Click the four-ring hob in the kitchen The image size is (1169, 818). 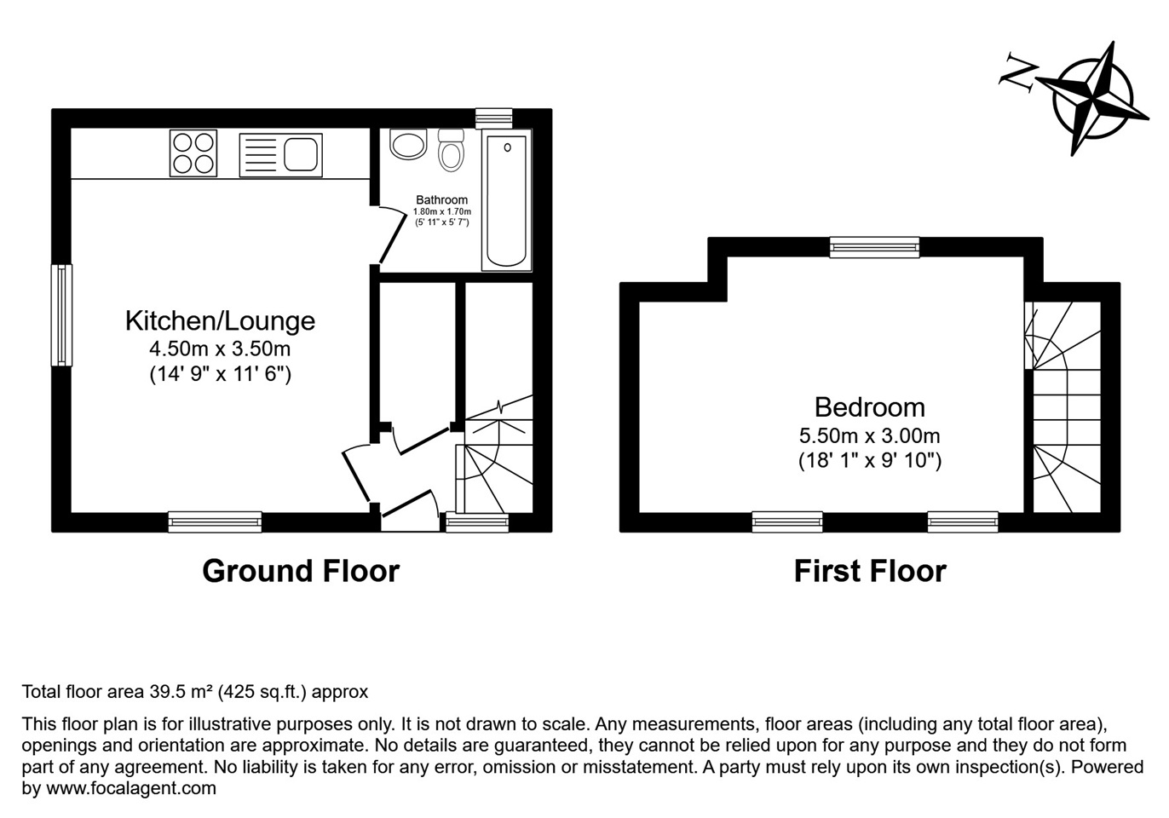click(193, 153)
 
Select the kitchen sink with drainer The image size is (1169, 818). click(280, 155)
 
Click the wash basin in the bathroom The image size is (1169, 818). click(408, 144)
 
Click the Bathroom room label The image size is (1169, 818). click(441, 200)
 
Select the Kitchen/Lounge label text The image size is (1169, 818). click(220, 321)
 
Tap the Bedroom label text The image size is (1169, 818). click(869, 407)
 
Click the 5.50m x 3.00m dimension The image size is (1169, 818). click(869, 436)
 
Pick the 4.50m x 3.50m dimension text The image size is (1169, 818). click(220, 349)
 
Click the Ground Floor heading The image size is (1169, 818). click(301, 571)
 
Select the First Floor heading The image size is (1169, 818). click(870, 571)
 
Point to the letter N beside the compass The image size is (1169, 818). click(1018, 72)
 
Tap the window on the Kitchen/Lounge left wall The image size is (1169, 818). click(61, 315)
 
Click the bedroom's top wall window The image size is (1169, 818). click(875, 247)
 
